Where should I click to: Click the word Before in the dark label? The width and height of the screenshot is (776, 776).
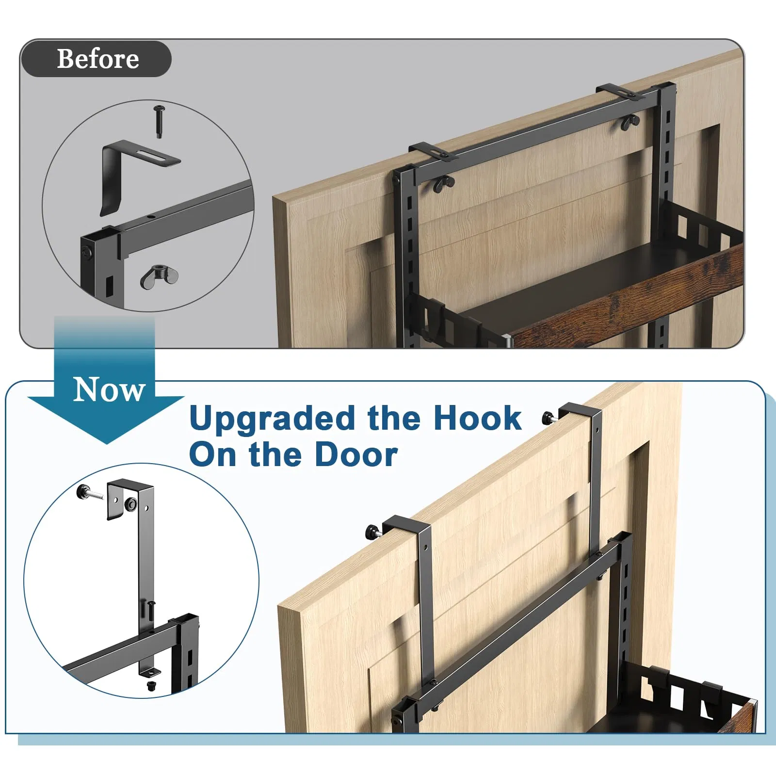pos(98,59)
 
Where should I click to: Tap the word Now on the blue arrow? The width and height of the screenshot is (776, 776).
pos(109,389)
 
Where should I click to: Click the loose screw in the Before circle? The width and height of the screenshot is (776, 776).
pos(159,121)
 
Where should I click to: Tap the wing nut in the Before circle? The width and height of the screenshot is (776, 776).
pos(159,276)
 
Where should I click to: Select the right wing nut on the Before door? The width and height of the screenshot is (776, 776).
pos(630,124)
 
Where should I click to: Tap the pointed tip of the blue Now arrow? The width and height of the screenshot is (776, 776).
pos(106,443)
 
